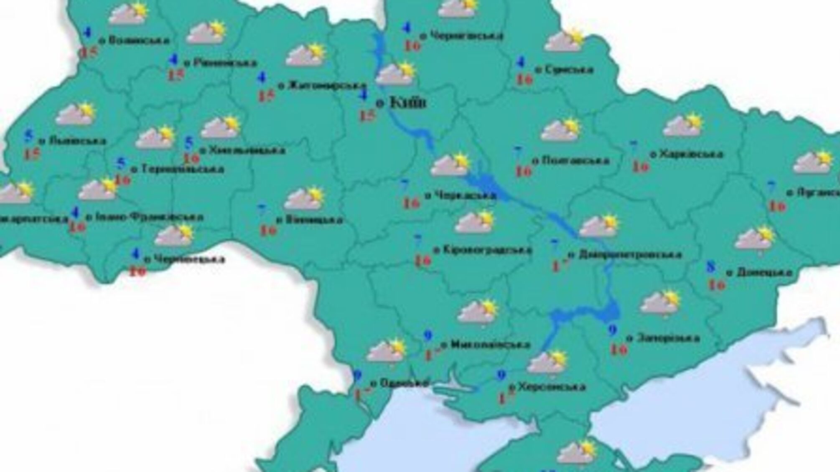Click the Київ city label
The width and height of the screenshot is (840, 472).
pos(407,102)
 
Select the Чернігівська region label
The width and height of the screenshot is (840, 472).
pos(466,36)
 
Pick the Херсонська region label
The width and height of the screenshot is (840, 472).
pos(552,387)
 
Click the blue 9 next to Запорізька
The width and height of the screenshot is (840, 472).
pos(613,330)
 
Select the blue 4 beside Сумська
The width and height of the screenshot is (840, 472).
pos(520,63)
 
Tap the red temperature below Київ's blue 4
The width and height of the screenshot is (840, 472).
pos(368,116)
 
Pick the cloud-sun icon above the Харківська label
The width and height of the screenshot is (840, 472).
pos(682,125)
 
